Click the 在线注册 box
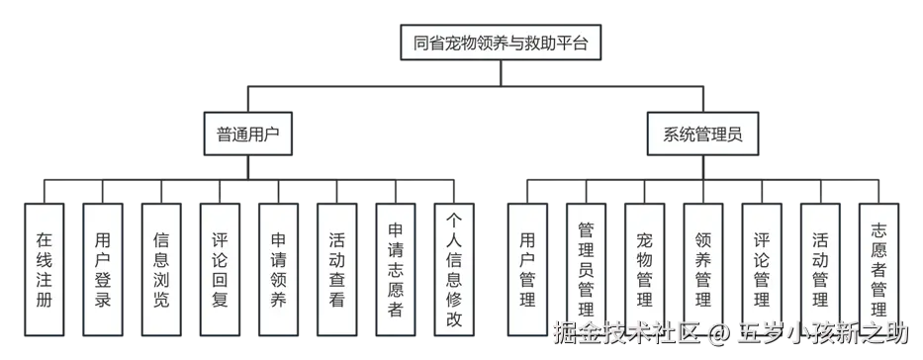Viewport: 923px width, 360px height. coord(44,267)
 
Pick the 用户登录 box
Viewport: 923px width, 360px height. coord(102,267)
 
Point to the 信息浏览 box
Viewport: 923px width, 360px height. coord(161,267)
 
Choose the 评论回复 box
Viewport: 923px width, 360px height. coord(220,267)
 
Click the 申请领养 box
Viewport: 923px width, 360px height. coord(278,267)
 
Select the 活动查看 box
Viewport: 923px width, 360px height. coord(337,267)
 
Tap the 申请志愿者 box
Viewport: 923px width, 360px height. coord(396,267)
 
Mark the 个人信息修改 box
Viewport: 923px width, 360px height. coord(454,267)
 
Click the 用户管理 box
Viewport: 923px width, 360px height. coord(527,267)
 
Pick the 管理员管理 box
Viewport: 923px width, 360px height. coord(586,267)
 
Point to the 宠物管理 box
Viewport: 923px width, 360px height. coord(645,267)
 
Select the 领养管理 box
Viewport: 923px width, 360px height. coord(703,267)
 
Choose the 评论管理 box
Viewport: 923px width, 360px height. coord(762,267)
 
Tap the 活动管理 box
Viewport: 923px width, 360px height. coord(820,267)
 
